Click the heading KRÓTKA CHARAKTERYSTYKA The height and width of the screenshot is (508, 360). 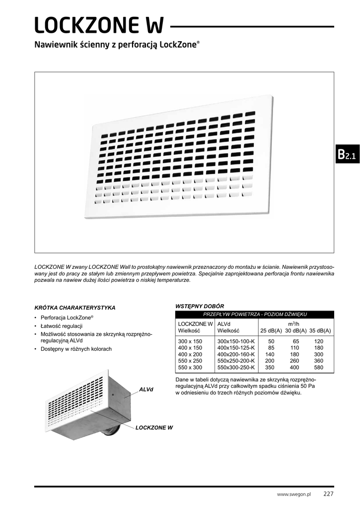[75, 308]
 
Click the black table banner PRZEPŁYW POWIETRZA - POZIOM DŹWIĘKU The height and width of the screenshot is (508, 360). [255, 315]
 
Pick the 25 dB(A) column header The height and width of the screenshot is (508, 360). [271, 331]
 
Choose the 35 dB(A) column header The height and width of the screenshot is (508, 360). [320, 331]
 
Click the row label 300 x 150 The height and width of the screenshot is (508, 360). [190, 342]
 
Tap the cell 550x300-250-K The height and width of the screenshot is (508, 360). [236, 368]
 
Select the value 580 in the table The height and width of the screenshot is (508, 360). [318, 368]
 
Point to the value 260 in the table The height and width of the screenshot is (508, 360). [294, 361]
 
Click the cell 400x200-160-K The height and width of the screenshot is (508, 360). [236, 355]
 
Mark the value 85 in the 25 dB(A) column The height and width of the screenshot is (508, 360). [271, 348]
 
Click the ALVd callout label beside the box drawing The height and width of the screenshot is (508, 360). [146, 390]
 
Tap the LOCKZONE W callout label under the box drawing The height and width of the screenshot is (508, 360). [154, 427]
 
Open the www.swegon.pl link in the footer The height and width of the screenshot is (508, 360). [293, 495]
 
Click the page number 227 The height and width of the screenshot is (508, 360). [328, 494]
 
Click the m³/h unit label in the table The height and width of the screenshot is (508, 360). [294, 324]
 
